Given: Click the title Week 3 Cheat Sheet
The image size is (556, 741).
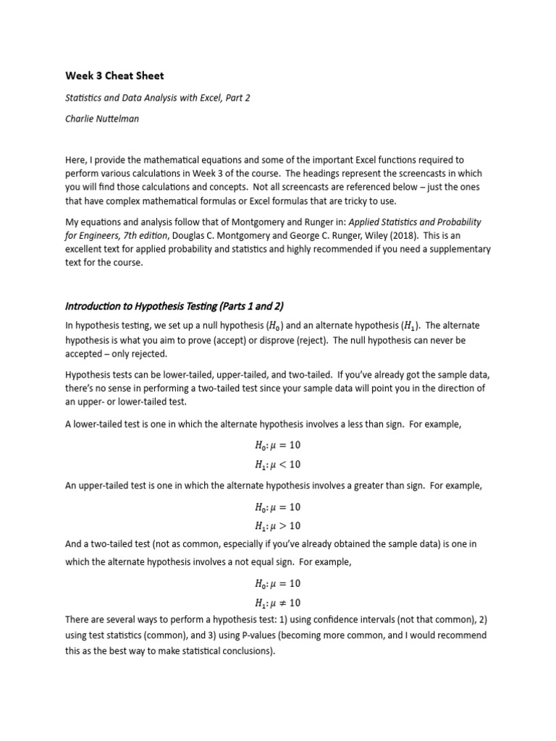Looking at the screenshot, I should (x=115, y=75).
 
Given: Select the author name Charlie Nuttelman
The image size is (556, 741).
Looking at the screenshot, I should (x=102, y=119).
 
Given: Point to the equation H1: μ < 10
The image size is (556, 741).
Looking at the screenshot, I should (x=277, y=465).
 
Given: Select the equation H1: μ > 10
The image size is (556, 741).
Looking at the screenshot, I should (x=277, y=526).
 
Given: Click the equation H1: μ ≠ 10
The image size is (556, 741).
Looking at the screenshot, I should (x=277, y=603).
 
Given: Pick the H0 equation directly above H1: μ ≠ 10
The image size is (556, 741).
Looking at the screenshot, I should (x=277, y=584).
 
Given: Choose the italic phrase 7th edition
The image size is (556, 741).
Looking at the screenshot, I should (x=147, y=235).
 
